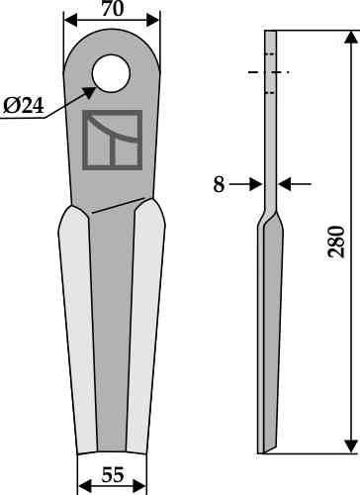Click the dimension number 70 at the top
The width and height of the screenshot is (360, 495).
(113, 9)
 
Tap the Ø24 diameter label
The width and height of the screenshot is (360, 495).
(24, 106)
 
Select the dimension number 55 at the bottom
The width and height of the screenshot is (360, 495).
(113, 475)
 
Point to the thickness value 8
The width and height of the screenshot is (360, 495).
(219, 184)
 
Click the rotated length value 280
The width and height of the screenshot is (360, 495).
(336, 242)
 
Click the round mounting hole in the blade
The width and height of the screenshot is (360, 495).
(112, 73)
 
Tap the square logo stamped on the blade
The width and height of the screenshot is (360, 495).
(113, 140)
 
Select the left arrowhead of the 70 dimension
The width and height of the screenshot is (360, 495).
(70, 20)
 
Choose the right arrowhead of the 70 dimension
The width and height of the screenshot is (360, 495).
(152, 20)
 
